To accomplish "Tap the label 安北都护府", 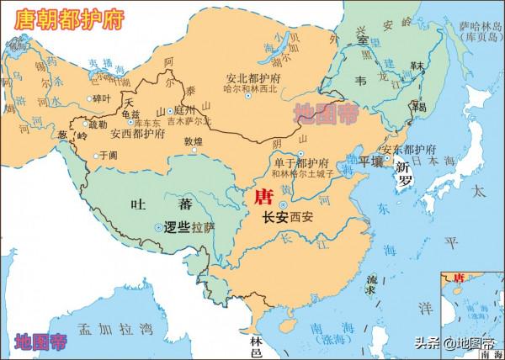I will [252, 77].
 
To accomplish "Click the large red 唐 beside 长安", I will [262, 197].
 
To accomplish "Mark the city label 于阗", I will [110, 155].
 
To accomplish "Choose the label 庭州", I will [183, 111].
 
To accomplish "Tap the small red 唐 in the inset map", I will [460, 278].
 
